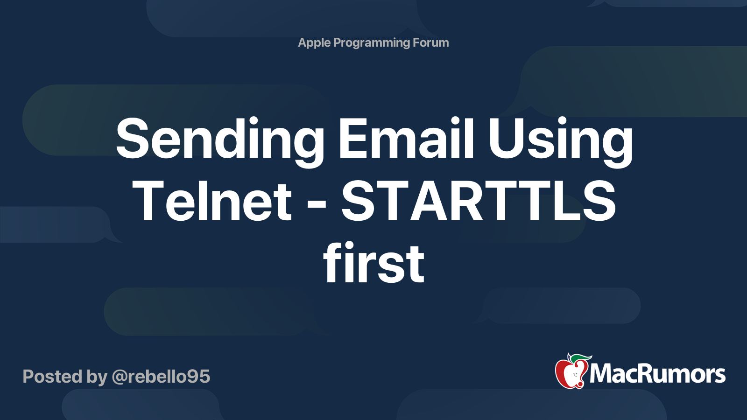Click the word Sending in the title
220,142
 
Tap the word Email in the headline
406,138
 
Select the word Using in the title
561,142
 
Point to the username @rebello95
161,377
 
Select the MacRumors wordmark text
657,374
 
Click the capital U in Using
507,138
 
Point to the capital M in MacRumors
604,374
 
